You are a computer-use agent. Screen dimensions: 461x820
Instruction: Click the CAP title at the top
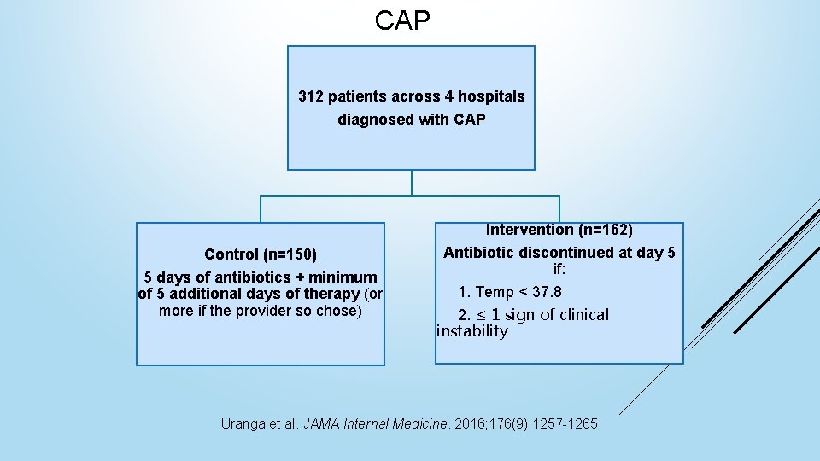[x=402, y=21]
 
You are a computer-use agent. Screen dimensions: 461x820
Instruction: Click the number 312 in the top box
[x=311, y=96]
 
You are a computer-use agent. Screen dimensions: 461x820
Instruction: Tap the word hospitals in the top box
[x=493, y=96]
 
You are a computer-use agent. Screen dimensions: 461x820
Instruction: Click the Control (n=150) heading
[x=261, y=254]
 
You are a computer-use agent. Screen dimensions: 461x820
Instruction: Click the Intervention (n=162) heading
[x=559, y=230]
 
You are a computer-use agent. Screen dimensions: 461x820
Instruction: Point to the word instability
[x=471, y=331]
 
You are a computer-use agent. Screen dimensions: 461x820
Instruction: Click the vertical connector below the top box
[x=412, y=183]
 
